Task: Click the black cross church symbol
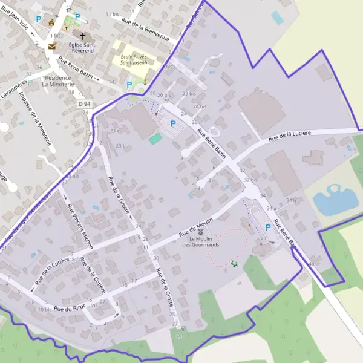coord(83,36)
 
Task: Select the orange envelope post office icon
coord(52,46)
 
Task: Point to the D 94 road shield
coord(84,104)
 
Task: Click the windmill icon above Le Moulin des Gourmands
coord(201,232)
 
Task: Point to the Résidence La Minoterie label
coord(59,81)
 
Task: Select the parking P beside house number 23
coord(267,227)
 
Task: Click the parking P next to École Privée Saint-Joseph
coord(129,85)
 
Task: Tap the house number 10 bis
coord(44,309)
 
